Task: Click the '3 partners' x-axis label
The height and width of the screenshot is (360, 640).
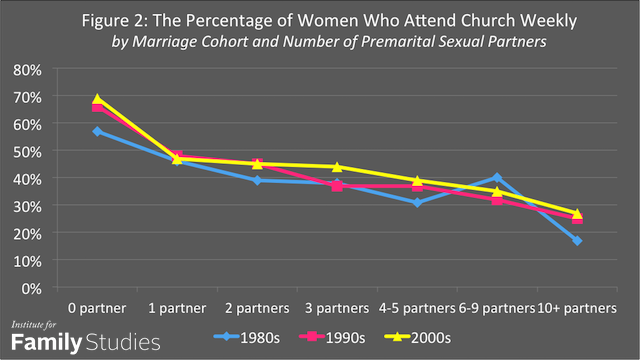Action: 337,305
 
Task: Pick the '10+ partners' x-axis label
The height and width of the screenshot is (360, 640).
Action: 577,305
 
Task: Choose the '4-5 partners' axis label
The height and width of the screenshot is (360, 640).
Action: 417,305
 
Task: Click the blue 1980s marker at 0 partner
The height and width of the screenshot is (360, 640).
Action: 97,131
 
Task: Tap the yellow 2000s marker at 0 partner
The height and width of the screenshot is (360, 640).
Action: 97,99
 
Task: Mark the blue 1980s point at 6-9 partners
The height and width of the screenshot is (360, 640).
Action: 497,178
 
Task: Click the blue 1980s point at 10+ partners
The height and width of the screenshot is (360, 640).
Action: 577,240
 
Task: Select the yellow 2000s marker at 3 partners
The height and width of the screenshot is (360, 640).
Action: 337,167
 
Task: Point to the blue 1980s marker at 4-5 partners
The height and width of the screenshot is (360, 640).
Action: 417,202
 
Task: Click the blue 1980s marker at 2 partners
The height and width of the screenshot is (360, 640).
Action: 257,180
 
